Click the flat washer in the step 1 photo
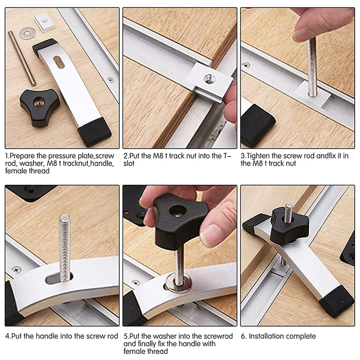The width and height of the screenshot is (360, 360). (27, 33)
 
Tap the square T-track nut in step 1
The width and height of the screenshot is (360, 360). (45, 23)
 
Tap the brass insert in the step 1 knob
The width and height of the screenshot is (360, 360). (38, 100)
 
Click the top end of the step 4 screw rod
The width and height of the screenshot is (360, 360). (65, 217)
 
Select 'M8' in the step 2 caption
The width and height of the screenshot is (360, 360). (158, 156)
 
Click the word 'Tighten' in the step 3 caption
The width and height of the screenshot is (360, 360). (258, 156)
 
